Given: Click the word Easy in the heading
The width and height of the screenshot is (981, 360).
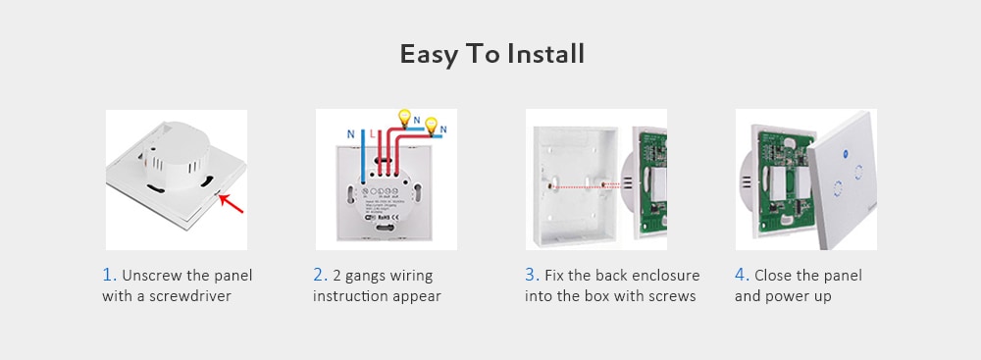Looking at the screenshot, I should pos(433,54).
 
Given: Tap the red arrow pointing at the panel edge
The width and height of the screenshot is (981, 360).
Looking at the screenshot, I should pos(231,202).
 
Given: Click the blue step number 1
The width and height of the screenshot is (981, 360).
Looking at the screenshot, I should pos(108,275).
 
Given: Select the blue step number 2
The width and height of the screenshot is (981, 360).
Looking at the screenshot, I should pos(319,275).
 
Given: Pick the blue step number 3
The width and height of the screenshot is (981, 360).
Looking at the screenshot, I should pos(531,275).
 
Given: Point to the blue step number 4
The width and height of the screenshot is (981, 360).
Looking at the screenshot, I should pos(741,275).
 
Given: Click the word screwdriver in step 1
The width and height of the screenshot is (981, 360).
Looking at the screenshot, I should pos(186,296).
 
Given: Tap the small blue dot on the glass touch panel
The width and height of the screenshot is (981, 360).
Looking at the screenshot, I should pos(844,153).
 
